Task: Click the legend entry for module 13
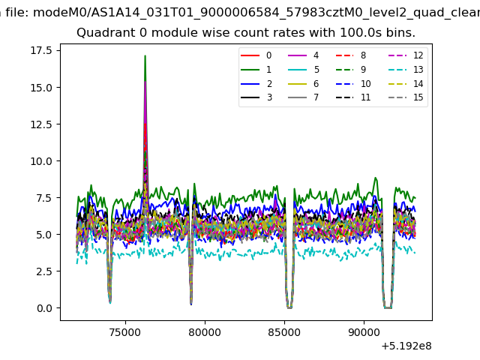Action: coord(406,70)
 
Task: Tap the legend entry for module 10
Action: coord(353,83)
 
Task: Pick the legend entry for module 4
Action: coord(303,55)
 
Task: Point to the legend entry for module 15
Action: coord(406,97)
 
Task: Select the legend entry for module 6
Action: coord(303,83)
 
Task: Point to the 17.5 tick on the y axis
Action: coord(41,50)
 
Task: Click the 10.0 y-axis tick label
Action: coord(41,161)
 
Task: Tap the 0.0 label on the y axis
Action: coord(44,308)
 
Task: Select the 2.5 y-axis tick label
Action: coord(44,271)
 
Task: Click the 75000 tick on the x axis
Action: coord(125,332)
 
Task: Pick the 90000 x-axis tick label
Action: coord(364,332)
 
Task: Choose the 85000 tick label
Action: coord(284,332)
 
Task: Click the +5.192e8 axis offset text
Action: coord(406,346)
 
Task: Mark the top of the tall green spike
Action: coord(145,55)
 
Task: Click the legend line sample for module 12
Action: coord(397,55)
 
